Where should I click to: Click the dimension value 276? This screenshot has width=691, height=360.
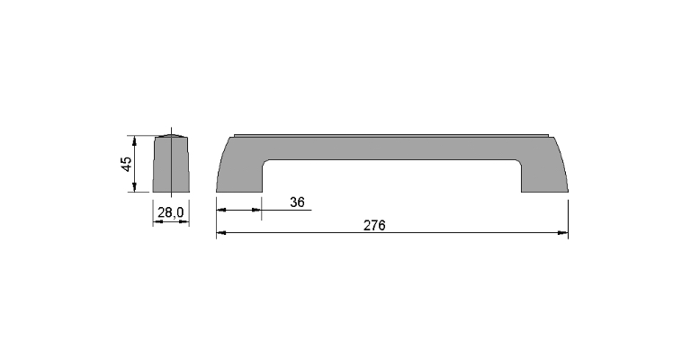[374, 225]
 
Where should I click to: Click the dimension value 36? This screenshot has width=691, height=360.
[298, 202]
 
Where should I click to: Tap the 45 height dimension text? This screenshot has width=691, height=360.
[126, 164]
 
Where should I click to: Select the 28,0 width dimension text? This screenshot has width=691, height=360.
[171, 212]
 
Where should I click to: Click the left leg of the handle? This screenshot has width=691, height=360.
[238, 176]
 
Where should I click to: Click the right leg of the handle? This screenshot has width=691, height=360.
[544, 176]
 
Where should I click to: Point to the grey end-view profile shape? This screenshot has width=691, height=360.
[171, 164]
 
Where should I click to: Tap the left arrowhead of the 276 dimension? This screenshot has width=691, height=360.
[221, 233]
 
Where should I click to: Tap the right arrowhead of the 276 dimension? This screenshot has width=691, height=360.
[563, 233]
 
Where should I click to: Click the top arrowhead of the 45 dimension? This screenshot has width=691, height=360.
[135, 140]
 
